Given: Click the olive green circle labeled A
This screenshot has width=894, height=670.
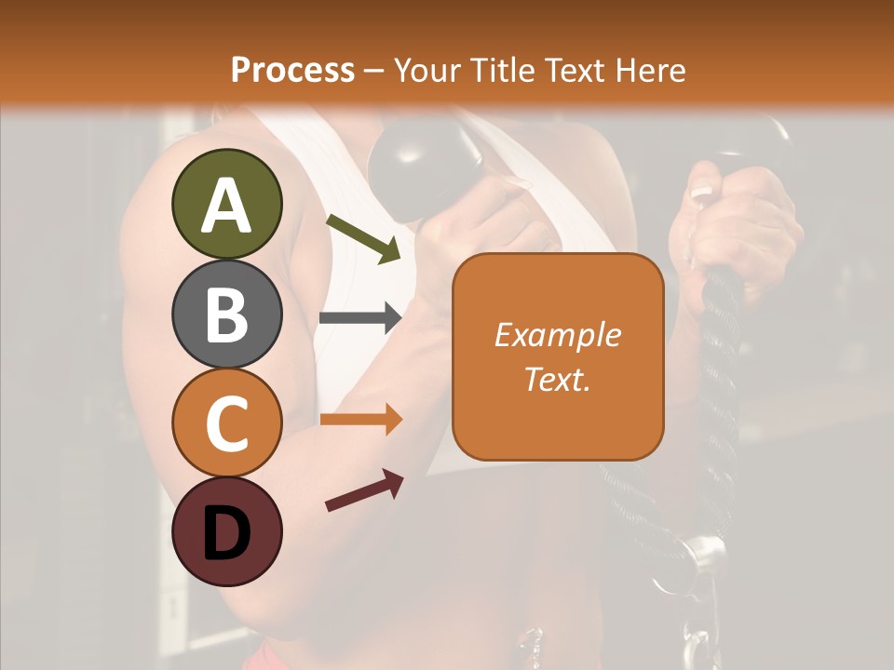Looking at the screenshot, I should point(227,204).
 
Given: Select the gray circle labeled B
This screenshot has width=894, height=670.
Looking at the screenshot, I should point(227,314).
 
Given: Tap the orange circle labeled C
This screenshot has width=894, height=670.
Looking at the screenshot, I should point(227,422).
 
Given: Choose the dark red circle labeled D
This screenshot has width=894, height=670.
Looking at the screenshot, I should point(227,531).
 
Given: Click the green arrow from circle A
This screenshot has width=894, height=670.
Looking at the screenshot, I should point(363,238).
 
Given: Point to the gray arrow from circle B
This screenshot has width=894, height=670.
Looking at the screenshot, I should point(360,318).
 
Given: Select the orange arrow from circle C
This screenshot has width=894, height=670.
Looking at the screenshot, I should point(360,420).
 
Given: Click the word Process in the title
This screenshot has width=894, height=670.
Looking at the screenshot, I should point(292,70).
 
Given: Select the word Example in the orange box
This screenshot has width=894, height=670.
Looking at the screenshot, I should point(557,335).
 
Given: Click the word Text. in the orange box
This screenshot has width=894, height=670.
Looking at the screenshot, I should point(557,379).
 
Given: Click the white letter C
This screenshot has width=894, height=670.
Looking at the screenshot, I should point(227,423).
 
